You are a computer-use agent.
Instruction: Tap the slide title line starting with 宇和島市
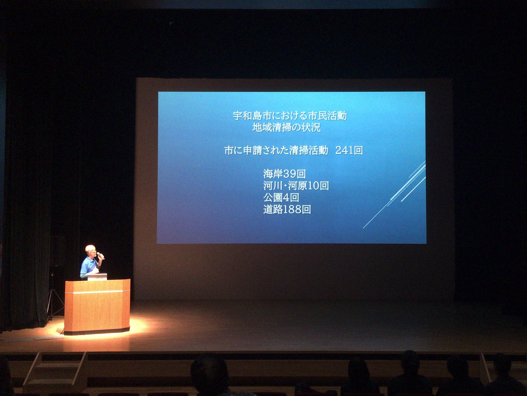coord(290,115)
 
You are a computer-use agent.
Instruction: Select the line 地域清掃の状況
coord(287,127)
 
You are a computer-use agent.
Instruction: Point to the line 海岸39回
coord(285,174)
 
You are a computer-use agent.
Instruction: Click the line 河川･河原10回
coord(296,185)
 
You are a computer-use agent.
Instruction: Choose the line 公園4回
coord(281,198)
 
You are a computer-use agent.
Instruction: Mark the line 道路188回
coord(287,210)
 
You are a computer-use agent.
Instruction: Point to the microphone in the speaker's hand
coord(100,256)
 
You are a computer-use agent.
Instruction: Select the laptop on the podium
coord(97,277)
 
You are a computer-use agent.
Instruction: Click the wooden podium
coord(97,307)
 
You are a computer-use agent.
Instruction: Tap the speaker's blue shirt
coord(88,267)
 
